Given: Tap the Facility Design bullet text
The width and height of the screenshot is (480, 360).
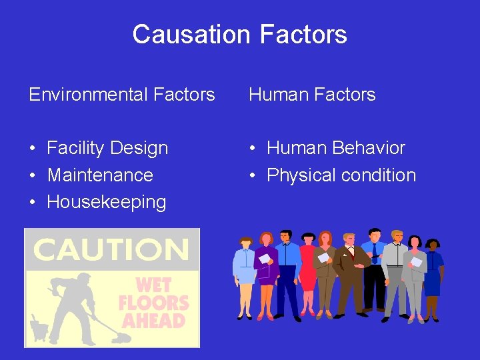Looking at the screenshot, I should [x=107, y=148].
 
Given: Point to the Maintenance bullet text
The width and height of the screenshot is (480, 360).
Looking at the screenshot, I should [x=100, y=175].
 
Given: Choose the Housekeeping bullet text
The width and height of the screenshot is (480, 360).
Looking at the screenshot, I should [x=107, y=202].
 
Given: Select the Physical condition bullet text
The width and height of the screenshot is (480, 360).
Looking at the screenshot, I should [x=341, y=175].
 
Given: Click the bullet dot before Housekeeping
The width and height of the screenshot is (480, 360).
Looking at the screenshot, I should [x=32, y=203].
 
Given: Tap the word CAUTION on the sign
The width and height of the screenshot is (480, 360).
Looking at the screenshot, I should [x=111, y=250].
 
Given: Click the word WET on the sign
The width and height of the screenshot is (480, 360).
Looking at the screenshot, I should [x=153, y=285].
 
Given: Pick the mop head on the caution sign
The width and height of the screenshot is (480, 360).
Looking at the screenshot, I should [x=119, y=337].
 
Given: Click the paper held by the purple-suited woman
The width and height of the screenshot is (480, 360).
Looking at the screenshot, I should [x=264, y=259].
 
